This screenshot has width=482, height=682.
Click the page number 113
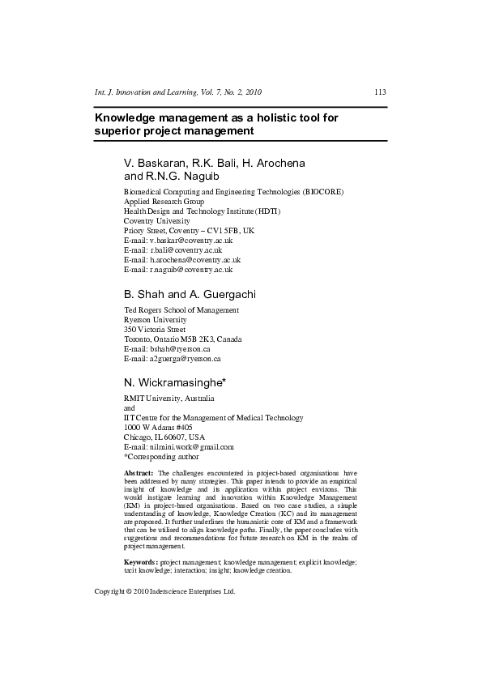click(380, 92)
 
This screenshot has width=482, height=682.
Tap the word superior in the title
click(117, 130)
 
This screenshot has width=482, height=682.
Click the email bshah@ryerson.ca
click(179, 348)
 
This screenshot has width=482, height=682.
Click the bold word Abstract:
click(139, 471)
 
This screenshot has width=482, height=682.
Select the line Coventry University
click(156, 221)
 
